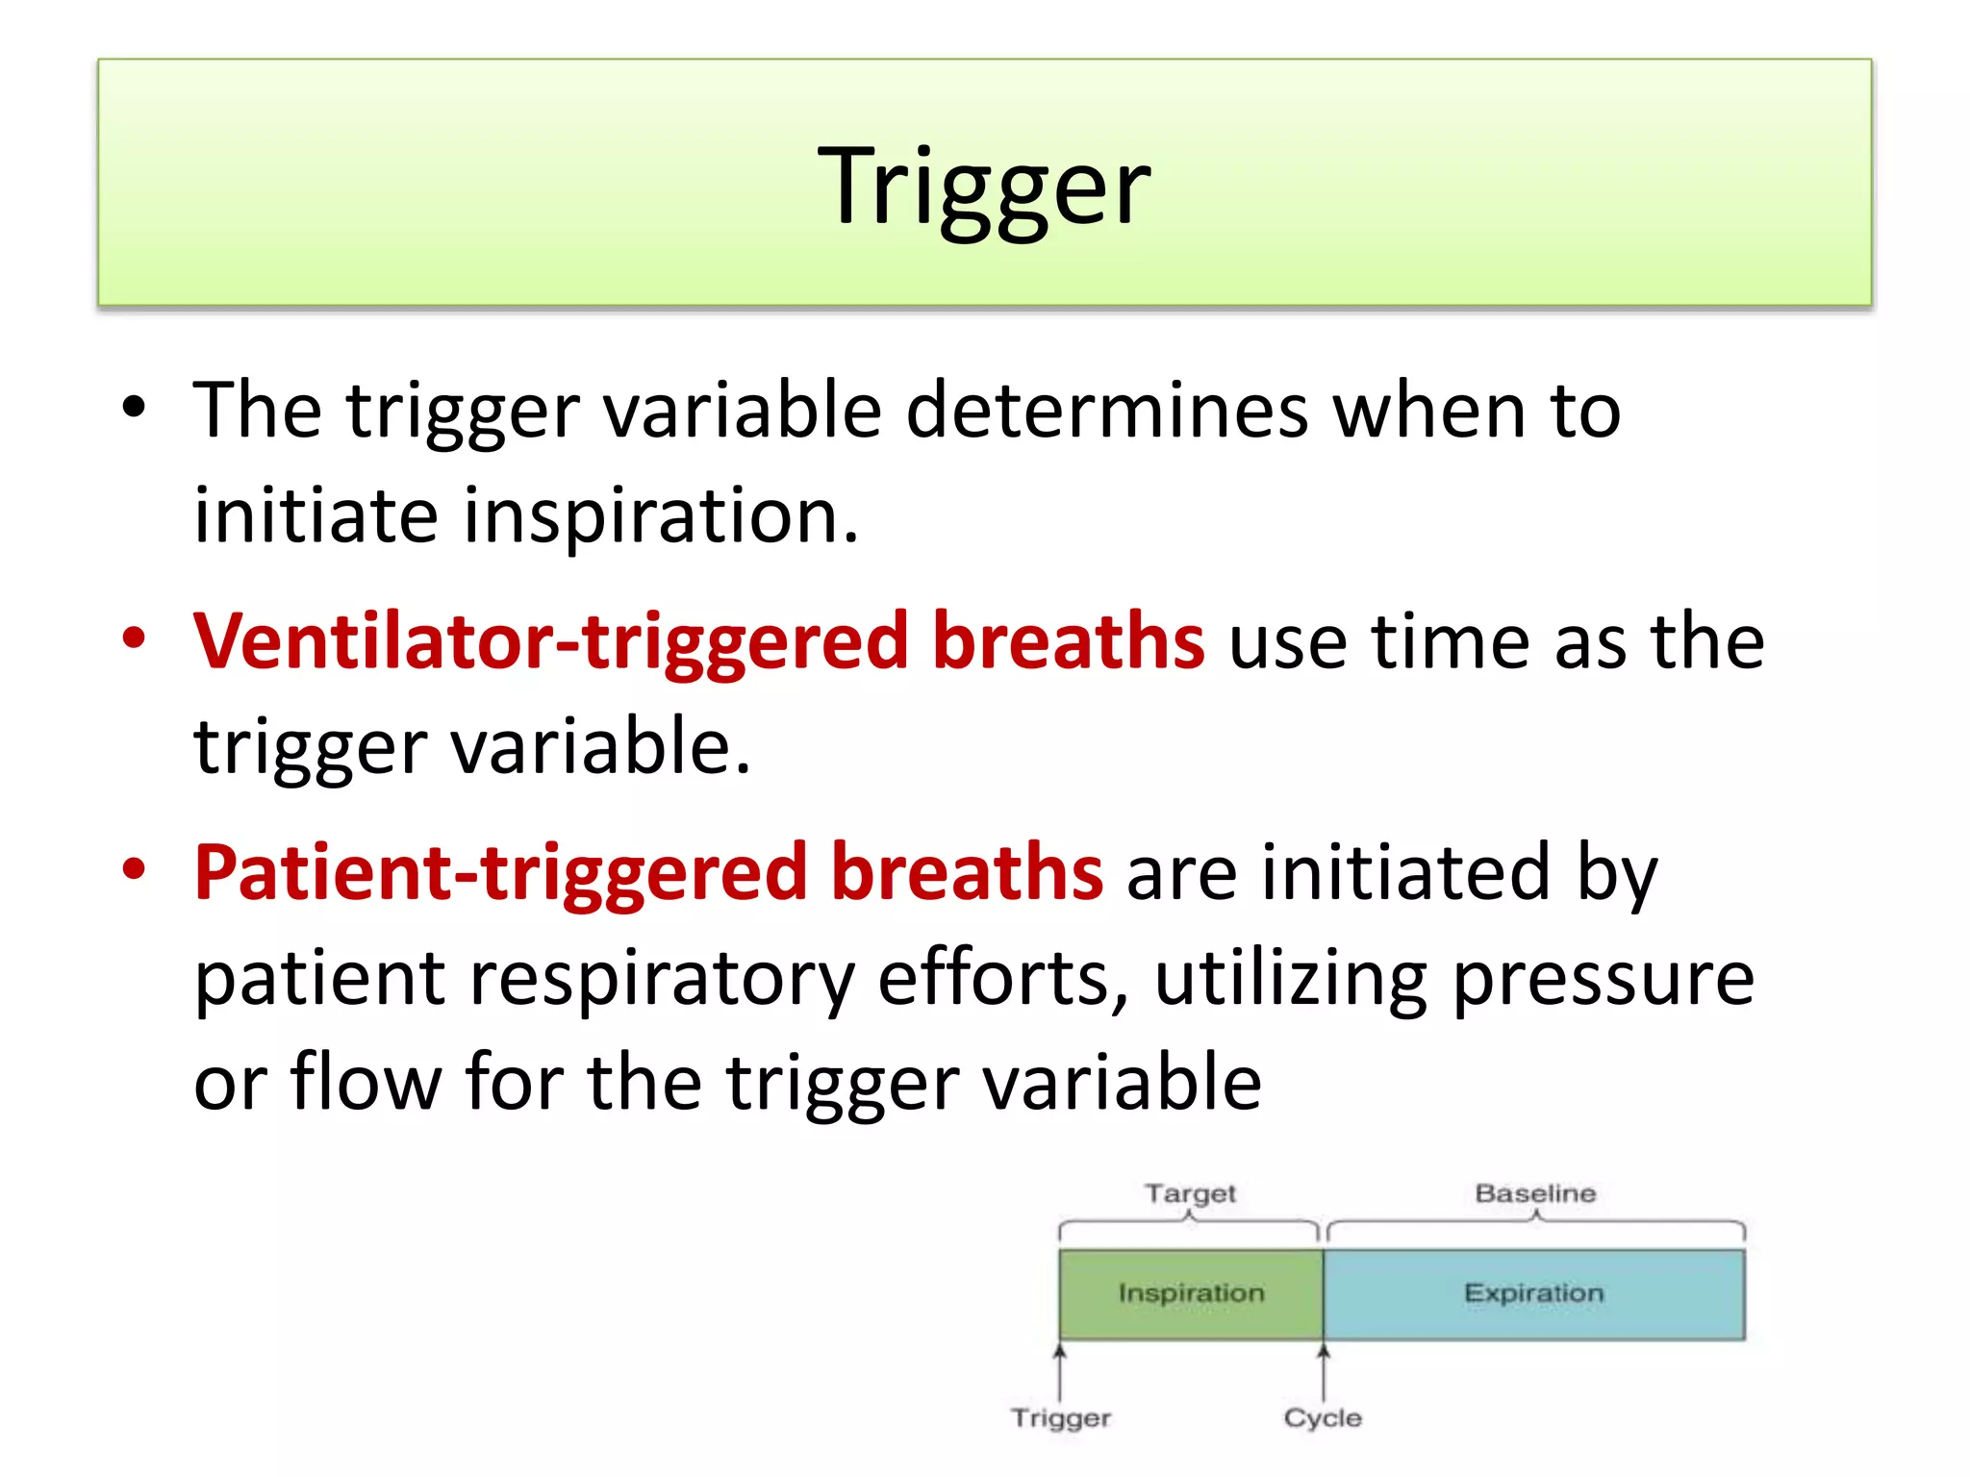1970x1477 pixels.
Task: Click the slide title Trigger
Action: [983, 185]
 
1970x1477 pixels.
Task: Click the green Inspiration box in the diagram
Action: [1191, 1293]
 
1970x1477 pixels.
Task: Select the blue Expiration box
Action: [1533, 1293]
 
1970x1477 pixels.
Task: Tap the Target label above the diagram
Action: [1190, 1193]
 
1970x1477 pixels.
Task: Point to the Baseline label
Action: [1535, 1193]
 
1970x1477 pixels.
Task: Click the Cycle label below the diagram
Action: [1323, 1417]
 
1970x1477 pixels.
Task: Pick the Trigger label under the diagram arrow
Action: [1061, 1417]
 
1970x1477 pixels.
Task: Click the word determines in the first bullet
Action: [1106, 412]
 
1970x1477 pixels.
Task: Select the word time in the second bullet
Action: [1451, 642]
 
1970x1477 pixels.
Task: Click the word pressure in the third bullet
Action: [1603, 979]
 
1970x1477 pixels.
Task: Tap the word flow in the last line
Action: [366, 1083]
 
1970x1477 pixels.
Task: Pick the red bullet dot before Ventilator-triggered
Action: [134, 638]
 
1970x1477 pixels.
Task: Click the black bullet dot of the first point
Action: [134, 408]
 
